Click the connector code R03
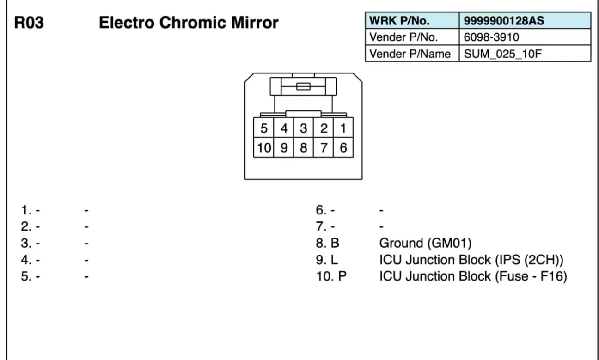29,23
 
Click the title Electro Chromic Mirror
189,22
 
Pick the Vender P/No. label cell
411,37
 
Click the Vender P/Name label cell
411,54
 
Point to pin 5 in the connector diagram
263,128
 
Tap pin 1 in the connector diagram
343,128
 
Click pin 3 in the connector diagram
303,128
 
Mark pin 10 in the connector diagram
263,148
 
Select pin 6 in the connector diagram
343,148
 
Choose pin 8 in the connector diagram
303,148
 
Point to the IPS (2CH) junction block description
471,260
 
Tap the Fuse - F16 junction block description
473,276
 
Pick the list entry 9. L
327,260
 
